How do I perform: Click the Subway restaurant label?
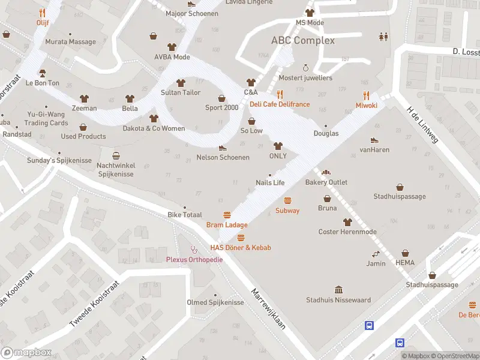click(x=287, y=211)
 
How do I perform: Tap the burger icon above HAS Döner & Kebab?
click(x=241, y=238)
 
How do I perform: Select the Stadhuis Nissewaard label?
click(x=338, y=300)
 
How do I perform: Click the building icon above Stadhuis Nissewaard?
click(x=338, y=290)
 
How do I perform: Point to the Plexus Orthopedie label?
click(x=194, y=259)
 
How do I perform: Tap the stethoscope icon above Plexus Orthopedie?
click(x=194, y=249)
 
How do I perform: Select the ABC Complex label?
click(x=303, y=41)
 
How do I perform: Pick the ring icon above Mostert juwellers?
click(x=305, y=68)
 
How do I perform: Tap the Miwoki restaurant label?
click(x=366, y=105)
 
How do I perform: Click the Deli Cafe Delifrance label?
click(x=280, y=104)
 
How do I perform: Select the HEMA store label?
click(x=405, y=263)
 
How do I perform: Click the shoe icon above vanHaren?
click(x=374, y=140)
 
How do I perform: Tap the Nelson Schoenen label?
click(x=223, y=157)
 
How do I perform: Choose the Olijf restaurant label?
click(x=42, y=22)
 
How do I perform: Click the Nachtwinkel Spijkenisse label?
click(x=116, y=169)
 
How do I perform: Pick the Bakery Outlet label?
click(x=326, y=182)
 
